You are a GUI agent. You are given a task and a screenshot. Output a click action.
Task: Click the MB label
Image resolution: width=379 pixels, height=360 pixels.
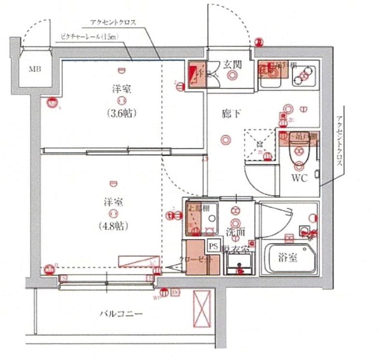34,69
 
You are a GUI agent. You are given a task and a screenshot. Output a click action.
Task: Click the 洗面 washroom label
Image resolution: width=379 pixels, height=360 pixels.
236,232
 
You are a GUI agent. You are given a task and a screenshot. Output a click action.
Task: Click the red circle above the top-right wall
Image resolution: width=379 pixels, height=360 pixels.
258,42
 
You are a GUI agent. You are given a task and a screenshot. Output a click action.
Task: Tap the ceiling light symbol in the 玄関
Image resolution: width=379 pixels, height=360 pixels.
234,75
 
